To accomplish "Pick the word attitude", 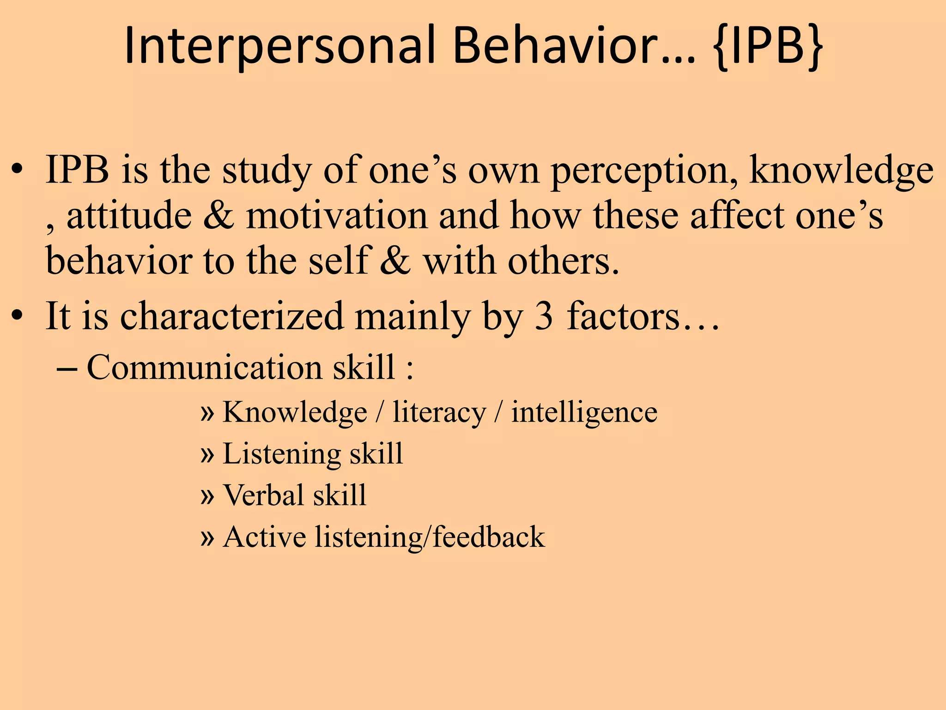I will (x=129, y=216).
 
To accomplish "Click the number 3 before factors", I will (x=543, y=317).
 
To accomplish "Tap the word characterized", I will (x=232, y=317).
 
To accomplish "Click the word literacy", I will (x=439, y=413).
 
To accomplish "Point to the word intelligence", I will (x=584, y=413).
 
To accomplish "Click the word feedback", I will (x=489, y=538).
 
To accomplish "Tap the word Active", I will (x=264, y=538).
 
